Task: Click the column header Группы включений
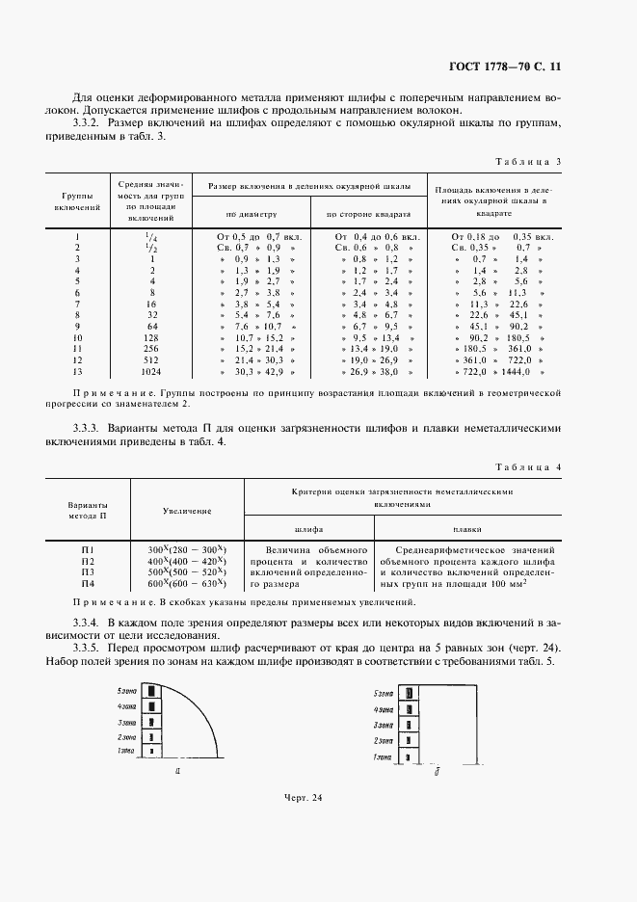(76, 200)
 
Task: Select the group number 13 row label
(76, 373)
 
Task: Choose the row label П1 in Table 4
(88, 548)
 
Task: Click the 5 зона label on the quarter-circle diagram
(125, 691)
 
